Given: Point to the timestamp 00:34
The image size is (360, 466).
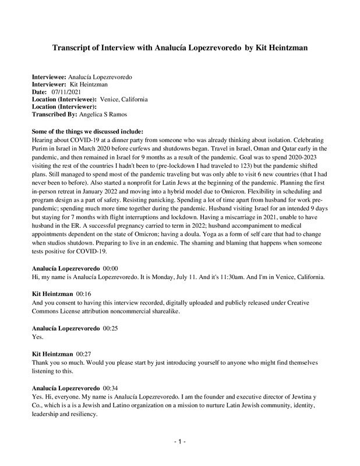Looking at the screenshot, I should pyautogui.click(x=111, y=387).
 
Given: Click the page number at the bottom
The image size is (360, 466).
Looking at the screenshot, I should pyautogui.click(x=180, y=442).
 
